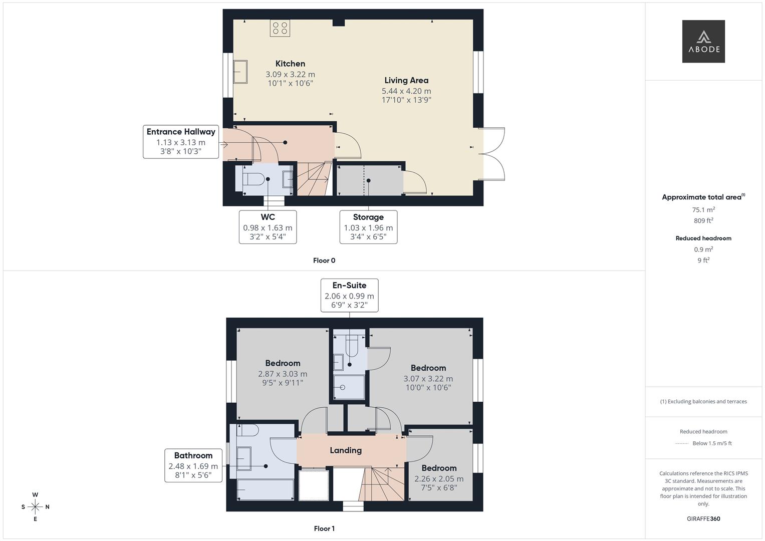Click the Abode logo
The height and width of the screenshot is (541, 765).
click(703, 42)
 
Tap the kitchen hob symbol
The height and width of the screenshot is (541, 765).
click(280, 28)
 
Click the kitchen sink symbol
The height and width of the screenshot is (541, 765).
click(240, 72)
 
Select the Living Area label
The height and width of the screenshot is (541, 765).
click(406, 80)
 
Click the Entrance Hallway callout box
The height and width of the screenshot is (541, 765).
click(181, 142)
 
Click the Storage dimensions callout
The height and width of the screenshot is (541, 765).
click(368, 227)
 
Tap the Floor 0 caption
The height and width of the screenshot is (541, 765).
click(324, 260)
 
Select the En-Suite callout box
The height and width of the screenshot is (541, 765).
click(349, 296)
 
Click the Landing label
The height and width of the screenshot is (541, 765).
click(346, 450)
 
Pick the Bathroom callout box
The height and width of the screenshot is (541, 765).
click(193, 465)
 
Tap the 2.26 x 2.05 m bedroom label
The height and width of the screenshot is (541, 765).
click(439, 478)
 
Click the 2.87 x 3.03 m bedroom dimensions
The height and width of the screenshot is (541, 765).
click(283, 374)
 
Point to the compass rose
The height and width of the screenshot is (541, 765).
click(35, 507)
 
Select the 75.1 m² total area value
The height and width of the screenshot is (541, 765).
click(703, 210)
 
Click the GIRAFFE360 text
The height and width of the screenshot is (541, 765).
click(703, 519)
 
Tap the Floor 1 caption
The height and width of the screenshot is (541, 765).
click(324, 528)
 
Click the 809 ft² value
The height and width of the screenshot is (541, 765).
click(703, 220)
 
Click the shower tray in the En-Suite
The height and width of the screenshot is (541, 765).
click(349, 387)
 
